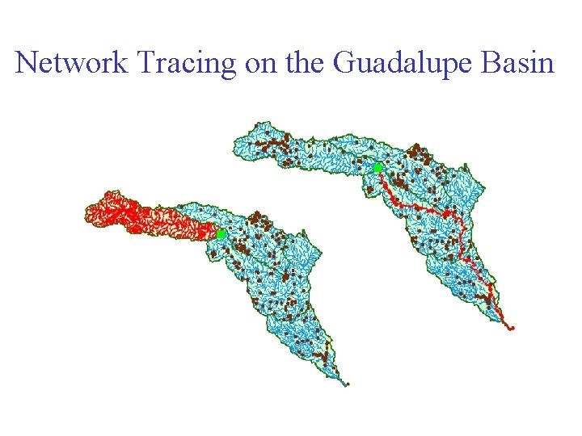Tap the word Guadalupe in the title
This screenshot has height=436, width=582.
click(396, 62)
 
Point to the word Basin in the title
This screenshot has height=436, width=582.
click(517, 62)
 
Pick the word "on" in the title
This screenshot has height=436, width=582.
click(259, 64)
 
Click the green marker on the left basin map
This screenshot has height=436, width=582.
click(220, 233)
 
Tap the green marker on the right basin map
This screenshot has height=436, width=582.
click(377, 167)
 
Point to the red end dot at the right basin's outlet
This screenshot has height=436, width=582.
click(512, 329)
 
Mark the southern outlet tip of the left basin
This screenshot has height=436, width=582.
click(348, 384)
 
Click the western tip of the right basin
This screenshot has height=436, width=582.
click(236, 145)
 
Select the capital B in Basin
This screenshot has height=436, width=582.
click(491, 62)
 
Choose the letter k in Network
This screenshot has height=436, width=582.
click(117, 62)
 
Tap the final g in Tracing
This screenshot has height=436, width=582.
click(229, 66)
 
